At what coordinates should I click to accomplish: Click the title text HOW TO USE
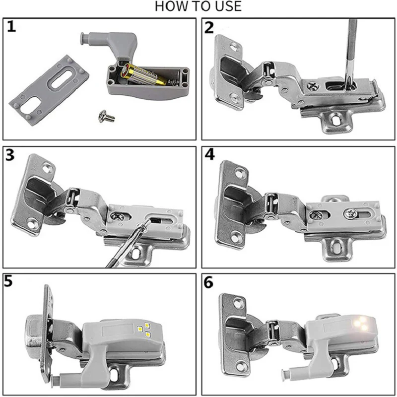198,6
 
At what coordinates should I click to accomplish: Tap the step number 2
209,28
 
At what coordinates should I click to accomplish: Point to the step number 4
209,156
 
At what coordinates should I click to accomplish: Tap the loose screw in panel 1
107,116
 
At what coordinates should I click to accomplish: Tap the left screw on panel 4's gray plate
316,215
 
